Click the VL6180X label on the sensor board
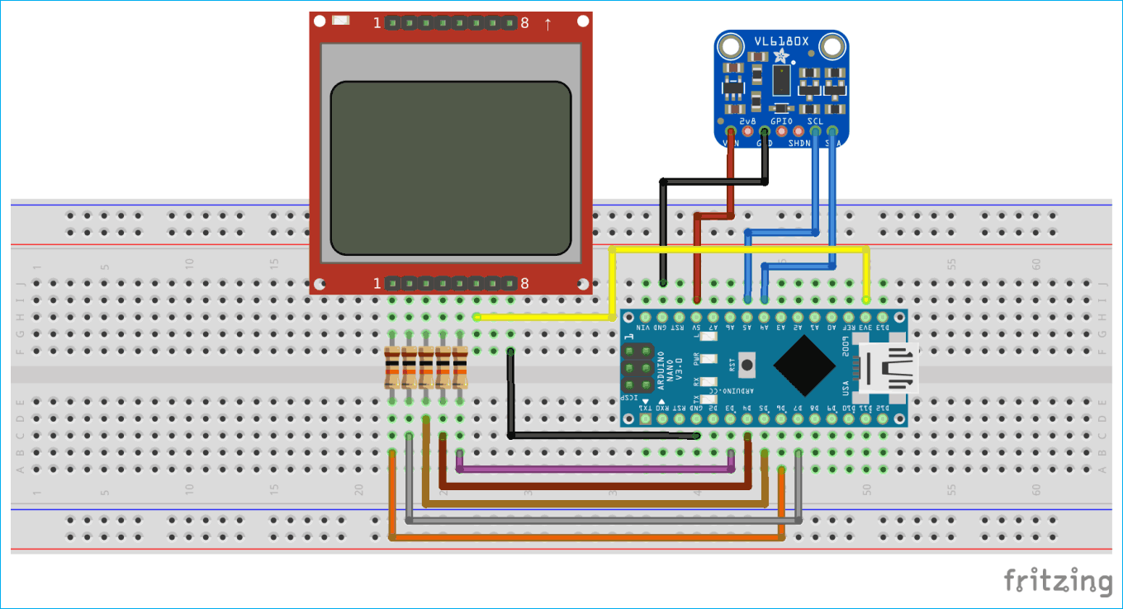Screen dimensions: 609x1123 pos(780,40)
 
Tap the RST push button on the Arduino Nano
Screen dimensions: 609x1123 pos(748,363)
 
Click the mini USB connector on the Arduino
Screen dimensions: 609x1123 pos(889,368)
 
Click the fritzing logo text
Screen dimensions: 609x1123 pos(1058,579)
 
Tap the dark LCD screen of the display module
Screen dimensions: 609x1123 pos(450,168)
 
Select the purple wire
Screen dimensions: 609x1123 pos(595,469)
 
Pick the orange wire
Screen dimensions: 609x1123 pos(586,537)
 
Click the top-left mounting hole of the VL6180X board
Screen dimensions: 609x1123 pos(729,48)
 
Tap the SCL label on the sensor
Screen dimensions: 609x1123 pos(815,121)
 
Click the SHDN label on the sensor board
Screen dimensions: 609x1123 pos(799,143)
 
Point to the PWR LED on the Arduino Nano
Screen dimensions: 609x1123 pos(707,359)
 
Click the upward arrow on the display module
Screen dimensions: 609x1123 pos(547,23)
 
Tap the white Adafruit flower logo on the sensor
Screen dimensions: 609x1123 pos(780,56)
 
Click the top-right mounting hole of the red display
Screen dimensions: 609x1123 pos(583,21)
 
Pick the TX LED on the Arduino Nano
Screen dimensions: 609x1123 pos(707,402)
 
